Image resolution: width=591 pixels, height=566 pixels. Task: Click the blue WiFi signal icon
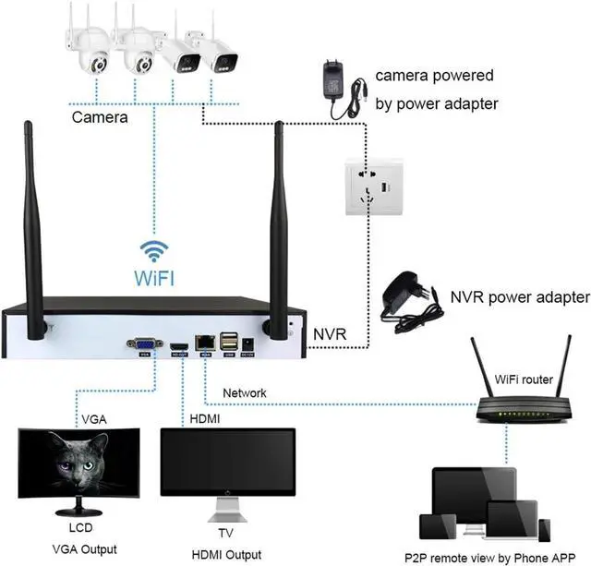[155, 251]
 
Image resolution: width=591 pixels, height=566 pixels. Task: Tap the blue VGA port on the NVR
[145, 343]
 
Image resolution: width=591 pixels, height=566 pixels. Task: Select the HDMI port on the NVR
[180, 345]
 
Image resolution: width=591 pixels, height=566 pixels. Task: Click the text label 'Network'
[245, 393]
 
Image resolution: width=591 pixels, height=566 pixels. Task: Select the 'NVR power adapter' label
[520, 297]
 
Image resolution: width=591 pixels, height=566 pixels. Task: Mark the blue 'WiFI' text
[155, 278]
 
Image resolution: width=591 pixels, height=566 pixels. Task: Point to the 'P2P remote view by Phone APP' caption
[498, 558]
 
